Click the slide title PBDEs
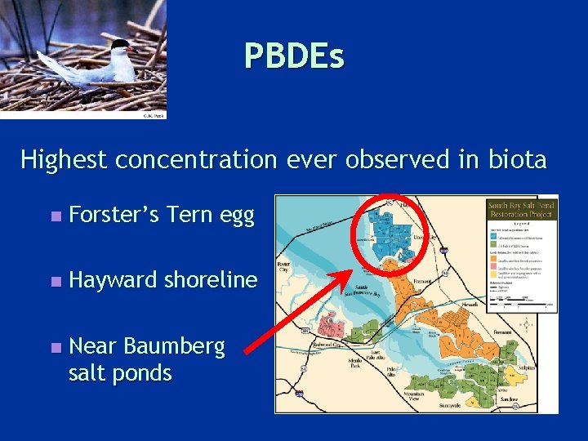(x=294, y=56)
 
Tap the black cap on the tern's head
(x=120, y=44)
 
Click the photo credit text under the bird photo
(x=154, y=115)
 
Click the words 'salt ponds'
(x=120, y=373)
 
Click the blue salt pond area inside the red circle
(x=384, y=228)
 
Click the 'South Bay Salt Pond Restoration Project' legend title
(x=520, y=210)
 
